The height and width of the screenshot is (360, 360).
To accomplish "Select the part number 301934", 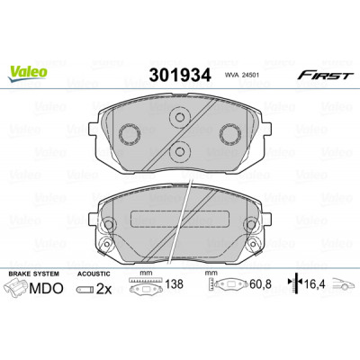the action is pyautogui.click(x=180, y=75).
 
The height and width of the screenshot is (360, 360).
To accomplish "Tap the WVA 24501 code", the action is pyautogui.click(x=238, y=76).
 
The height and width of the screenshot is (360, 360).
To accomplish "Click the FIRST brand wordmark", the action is pyautogui.click(x=325, y=75).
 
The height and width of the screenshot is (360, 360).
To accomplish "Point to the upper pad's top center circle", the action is pyautogui.click(x=180, y=117).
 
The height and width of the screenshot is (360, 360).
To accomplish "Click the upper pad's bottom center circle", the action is pyautogui.click(x=180, y=151).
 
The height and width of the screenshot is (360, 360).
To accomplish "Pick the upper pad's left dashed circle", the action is pyautogui.click(x=130, y=133).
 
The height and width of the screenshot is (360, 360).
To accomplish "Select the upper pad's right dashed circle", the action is pyautogui.click(x=230, y=133).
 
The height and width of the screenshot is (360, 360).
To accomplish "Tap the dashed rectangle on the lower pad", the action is pyautogui.click(x=180, y=219).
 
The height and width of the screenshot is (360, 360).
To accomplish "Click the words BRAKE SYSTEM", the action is pyautogui.click(x=34, y=274).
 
